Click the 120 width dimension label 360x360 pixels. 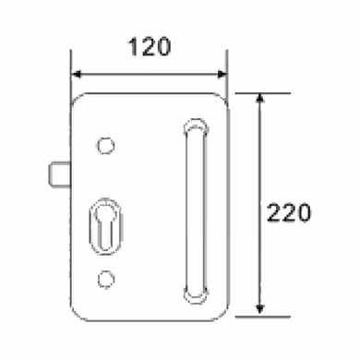(x=150, y=47)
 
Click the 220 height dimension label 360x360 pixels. (x=289, y=212)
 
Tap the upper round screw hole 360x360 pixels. (x=106, y=146)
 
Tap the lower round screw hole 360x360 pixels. (x=106, y=280)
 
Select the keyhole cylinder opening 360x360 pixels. (x=105, y=227)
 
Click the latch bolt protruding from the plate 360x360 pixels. (x=60, y=174)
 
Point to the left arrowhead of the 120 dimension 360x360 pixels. (x=76, y=74)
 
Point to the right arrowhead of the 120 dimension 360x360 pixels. (x=222, y=74)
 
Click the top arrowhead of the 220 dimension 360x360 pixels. (x=260, y=98)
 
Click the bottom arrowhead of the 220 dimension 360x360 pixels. (x=260, y=309)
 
